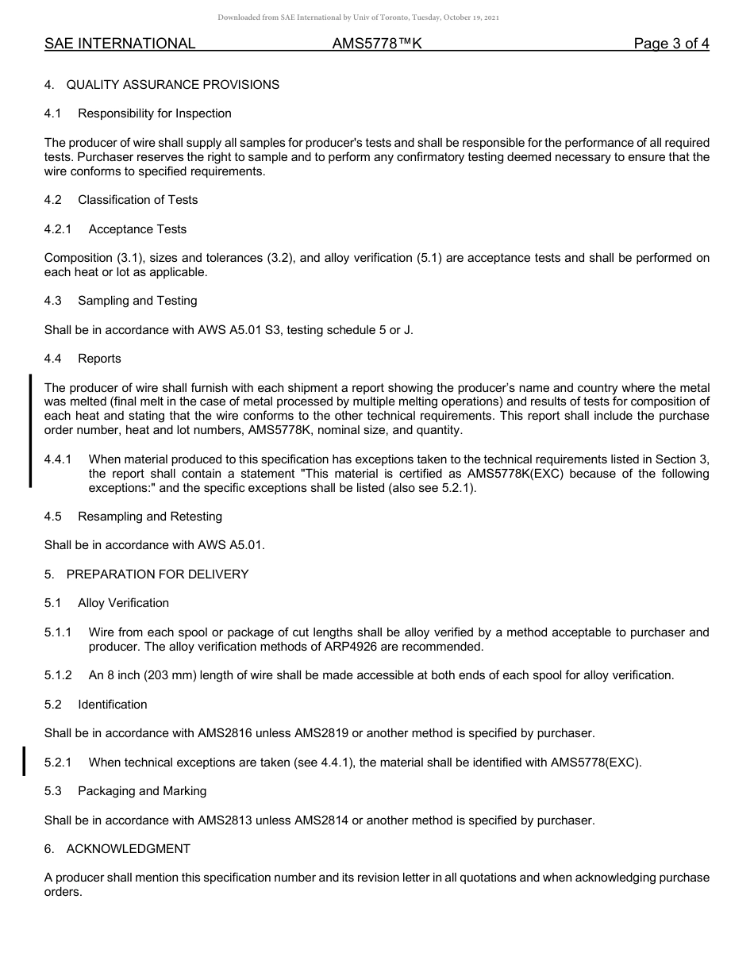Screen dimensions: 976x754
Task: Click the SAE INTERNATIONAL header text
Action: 120,44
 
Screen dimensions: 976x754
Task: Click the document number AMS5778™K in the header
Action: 377,44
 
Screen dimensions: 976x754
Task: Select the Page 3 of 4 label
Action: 671,44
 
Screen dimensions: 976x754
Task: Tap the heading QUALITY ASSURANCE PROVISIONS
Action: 172,85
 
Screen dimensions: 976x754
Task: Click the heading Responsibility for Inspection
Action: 155,113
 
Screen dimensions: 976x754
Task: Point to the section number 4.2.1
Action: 58,229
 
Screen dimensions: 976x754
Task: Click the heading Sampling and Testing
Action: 137,301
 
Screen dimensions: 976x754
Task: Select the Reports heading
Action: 99,359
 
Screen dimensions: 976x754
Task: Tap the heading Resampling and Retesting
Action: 150,517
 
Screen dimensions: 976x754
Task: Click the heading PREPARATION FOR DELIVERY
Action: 157,574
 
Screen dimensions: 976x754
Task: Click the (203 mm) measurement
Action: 182,676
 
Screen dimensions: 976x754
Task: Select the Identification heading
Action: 112,705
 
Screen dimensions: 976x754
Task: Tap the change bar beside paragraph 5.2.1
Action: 24,761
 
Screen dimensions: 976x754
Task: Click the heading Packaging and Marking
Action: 142,791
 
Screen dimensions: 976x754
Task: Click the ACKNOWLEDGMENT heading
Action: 129,849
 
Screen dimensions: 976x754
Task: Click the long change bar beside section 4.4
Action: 30,430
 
